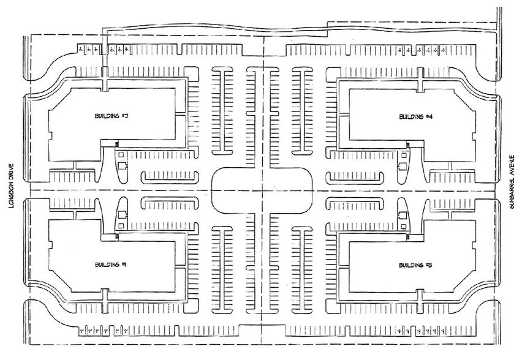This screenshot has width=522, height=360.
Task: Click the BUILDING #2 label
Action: tap(111, 116)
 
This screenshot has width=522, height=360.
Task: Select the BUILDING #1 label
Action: tap(111, 264)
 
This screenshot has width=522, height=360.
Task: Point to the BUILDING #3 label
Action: tap(416, 265)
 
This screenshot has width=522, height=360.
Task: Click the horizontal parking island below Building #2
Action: tap(169, 177)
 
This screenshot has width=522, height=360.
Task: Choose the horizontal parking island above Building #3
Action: tap(353, 202)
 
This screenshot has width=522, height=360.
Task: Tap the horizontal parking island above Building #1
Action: tap(169, 202)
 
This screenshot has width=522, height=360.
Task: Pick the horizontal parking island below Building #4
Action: tap(353, 177)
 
